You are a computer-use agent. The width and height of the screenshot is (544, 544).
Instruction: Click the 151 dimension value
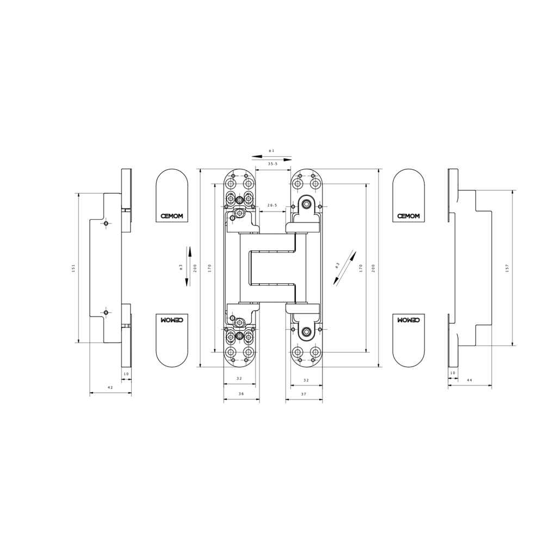tap(73, 268)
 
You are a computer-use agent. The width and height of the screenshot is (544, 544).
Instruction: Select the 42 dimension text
tap(110, 387)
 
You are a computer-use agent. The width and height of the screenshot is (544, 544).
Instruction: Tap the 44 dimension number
tap(469, 380)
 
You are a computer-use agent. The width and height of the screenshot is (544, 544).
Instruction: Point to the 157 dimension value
tap(507, 268)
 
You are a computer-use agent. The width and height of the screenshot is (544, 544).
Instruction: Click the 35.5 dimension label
tap(273, 164)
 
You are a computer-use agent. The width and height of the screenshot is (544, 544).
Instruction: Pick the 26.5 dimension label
tap(272, 206)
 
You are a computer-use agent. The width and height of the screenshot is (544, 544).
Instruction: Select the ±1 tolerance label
tap(271, 150)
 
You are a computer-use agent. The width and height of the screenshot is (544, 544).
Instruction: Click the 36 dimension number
tap(241, 393)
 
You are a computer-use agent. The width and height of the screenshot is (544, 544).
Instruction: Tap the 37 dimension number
tap(304, 393)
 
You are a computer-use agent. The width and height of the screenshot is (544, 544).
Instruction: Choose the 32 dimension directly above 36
tap(239, 379)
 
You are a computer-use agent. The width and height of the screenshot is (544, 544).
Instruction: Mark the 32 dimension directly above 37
tap(306, 380)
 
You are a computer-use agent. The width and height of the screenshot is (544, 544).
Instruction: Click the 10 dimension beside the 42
tap(126, 374)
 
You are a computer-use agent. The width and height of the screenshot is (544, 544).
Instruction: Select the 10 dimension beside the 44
tap(453, 373)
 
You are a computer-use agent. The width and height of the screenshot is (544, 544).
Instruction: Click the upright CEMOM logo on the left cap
tap(172, 216)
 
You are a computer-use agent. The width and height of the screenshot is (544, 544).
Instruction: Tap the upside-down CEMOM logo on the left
tap(172, 320)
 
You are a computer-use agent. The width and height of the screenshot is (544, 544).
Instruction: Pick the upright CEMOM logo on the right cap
tap(409, 216)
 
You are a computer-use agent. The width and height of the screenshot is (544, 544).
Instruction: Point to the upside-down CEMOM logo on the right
tap(409, 320)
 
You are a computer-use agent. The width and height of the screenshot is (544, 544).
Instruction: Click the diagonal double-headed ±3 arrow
tap(344, 268)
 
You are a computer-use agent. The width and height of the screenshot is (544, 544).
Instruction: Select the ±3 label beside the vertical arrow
tap(181, 267)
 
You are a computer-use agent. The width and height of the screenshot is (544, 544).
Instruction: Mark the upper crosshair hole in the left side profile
tap(106, 222)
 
